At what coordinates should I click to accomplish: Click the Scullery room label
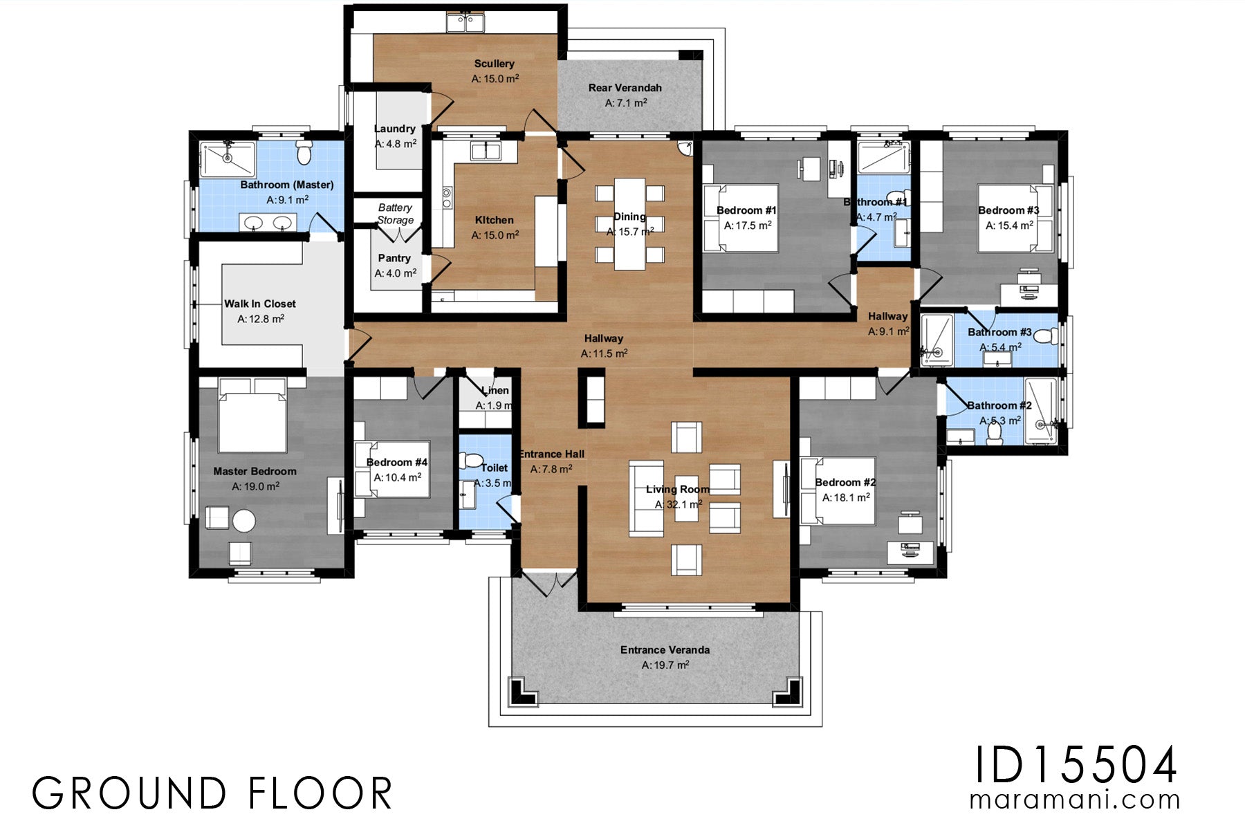(x=494, y=64)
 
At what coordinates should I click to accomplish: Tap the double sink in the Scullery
(x=465, y=22)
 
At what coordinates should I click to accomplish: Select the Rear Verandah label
(x=625, y=88)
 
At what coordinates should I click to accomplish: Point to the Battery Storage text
(x=395, y=214)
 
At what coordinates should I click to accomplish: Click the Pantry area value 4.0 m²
(x=395, y=273)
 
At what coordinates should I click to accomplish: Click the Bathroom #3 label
(x=999, y=332)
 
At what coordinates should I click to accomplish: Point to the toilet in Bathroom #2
(x=995, y=432)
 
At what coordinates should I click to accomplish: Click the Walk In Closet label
(x=259, y=304)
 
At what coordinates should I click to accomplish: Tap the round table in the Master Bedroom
(x=243, y=521)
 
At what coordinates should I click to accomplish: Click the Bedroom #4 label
(x=396, y=462)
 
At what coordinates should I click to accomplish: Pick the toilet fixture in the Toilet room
(x=473, y=459)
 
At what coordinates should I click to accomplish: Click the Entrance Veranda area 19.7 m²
(x=665, y=665)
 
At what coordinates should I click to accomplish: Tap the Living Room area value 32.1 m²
(x=678, y=505)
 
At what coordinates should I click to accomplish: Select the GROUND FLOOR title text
(x=212, y=793)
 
